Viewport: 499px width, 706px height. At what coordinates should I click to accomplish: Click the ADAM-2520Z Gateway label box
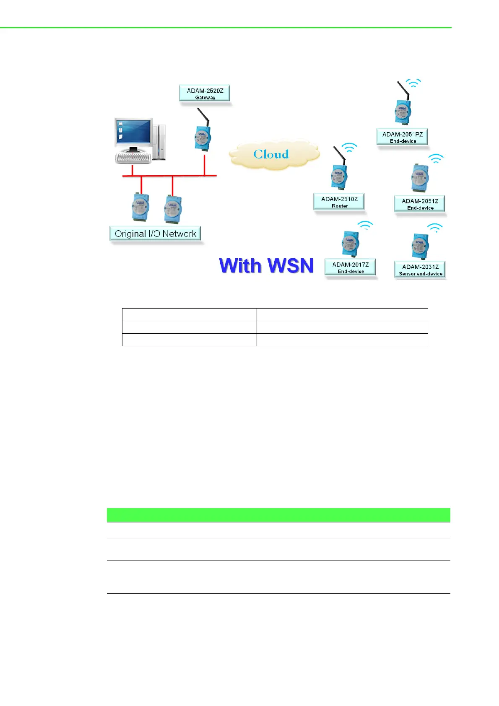point(205,93)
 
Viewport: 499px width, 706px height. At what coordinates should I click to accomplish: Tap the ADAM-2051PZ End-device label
point(402,137)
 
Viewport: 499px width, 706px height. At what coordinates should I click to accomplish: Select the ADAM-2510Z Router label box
point(339,202)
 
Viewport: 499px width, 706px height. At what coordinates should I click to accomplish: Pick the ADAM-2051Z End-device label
point(420,204)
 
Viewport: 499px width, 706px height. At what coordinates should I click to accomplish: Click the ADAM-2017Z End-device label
point(350,267)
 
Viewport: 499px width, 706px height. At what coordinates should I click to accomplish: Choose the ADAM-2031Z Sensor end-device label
point(420,270)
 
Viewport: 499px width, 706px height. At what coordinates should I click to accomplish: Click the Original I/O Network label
point(155,234)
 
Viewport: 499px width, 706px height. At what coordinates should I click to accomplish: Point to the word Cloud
point(271,154)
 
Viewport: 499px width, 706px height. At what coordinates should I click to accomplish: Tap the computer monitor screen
point(133,132)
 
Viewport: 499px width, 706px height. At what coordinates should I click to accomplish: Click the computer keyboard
point(133,158)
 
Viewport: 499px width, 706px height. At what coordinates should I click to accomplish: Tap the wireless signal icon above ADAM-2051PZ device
point(413,83)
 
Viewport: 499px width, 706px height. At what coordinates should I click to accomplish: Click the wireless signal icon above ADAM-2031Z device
point(435,228)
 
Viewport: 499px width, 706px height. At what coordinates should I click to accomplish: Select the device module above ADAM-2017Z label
point(349,244)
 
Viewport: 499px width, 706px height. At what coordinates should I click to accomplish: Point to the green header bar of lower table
point(278,515)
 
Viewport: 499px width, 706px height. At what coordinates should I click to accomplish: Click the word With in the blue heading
point(240,266)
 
